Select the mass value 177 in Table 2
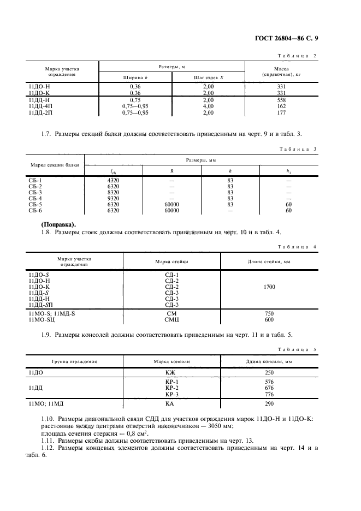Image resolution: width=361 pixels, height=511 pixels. tap(281, 113)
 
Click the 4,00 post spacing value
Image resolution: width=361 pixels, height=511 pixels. tap(208, 107)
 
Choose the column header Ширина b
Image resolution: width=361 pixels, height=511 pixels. tap(135, 78)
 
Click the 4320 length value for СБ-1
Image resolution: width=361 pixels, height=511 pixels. tap(113, 180)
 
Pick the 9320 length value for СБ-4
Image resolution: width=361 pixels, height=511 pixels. tap(113, 198)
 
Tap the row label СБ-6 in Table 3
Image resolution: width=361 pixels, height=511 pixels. tap(35, 210)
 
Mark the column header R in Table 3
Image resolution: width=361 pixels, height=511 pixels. tap(171, 171)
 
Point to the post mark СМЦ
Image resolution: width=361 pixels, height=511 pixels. tap(171, 319)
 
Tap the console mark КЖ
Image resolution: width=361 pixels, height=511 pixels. tap(170, 371)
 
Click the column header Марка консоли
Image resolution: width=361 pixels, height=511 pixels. tap(170, 361)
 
